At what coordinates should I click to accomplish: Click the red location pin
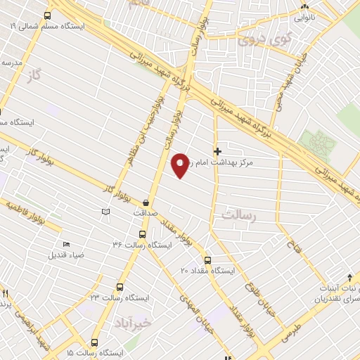click(x=181, y=165)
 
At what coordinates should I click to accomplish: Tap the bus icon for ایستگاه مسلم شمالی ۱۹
click(x=47, y=15)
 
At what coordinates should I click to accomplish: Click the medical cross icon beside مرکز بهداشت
click(x=217, y=150)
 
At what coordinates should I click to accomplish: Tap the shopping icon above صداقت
click(x=146, y=199)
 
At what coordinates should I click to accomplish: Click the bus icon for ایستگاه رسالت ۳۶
click(x=143, y=234)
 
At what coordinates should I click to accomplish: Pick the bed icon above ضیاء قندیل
click(x=66, y=244)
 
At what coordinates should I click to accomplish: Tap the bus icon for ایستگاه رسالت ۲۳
click(x=120, y=287)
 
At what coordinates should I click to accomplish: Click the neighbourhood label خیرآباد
click(x=131, y=323)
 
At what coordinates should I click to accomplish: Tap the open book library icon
click(x=105, y=212)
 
